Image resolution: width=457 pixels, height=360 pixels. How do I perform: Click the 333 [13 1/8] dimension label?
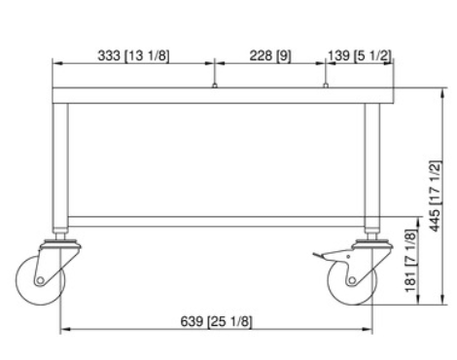click(x=133, y=55)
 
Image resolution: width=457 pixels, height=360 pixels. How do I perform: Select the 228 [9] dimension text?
click(x=270, y=55)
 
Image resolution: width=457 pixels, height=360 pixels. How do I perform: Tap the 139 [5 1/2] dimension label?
click(x=360, y=55)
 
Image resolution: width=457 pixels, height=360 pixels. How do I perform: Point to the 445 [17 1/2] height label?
click(x=436, y=197)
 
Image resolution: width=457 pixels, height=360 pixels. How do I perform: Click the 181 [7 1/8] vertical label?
click(x=410, y=261)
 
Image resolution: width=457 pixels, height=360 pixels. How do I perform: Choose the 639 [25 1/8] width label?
click(x=216, y=321)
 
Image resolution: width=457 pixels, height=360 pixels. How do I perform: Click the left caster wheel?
click(x=40, y=280)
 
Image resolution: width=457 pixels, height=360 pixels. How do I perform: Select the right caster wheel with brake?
click(x=352, y=280)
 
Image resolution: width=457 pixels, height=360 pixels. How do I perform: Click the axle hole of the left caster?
click(x=40, y=280)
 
